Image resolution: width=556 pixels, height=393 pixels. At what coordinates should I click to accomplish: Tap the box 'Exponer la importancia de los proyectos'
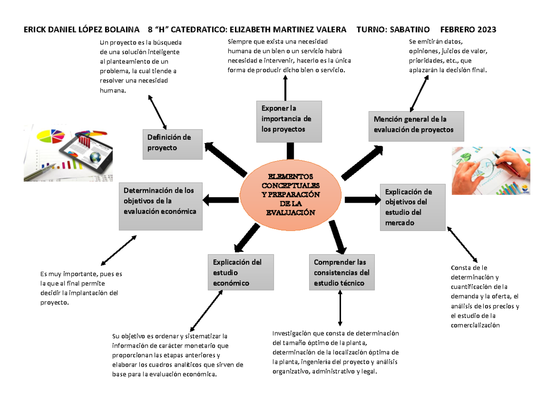point(289,121)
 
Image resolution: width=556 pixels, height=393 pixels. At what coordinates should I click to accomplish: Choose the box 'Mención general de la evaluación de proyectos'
point(416,125)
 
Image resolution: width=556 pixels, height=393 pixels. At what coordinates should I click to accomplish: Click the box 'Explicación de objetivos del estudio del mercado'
point(412,207)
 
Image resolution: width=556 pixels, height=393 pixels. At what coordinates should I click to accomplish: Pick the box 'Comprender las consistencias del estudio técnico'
point(341,272)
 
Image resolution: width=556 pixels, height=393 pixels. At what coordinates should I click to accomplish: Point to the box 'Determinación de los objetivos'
point(160,206)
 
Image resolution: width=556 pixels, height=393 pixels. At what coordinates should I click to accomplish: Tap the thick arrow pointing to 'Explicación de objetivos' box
point(362,200)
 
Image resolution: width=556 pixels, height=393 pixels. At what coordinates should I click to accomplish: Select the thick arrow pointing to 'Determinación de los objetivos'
point(221,200)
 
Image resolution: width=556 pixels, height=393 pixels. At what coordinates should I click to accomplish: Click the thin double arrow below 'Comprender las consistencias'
point(341,308)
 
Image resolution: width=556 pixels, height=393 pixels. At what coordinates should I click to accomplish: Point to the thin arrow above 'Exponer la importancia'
point(285,88)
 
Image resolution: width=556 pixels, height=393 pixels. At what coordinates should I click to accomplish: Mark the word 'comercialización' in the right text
point(475,325)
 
